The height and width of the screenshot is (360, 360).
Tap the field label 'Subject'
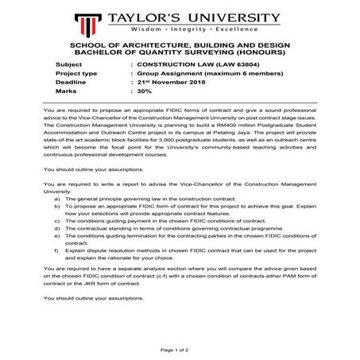pyautogui.click(x=69, y=63)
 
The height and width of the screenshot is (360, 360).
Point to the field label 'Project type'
pyautogui.click(x=77, y=72)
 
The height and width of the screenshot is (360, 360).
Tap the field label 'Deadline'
pyautogui.click(x=72, y=82)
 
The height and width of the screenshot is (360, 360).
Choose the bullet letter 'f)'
pyautogui.click(x=56, y=257)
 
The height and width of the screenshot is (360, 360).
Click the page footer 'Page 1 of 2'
pyautogui.click(x=180, y=349)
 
